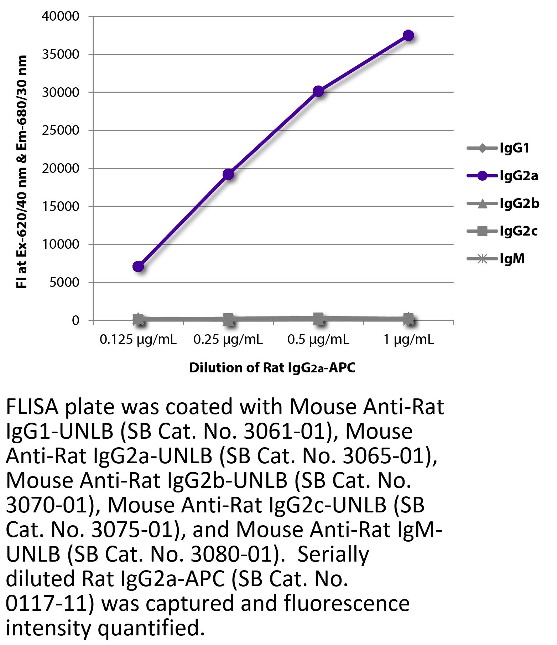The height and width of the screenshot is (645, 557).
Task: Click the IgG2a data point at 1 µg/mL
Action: coord(408,36)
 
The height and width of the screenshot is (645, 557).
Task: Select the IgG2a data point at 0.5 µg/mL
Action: coord(318,92)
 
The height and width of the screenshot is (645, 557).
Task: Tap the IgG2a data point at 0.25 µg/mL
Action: coord(228,174)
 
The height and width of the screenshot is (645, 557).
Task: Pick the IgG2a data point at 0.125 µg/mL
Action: coord(138,266)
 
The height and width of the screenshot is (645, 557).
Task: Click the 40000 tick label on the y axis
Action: coord(61,16)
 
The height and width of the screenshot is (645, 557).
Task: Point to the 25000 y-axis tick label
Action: coord(61,130)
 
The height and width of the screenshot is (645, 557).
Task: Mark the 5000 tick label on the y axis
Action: coord(64,282)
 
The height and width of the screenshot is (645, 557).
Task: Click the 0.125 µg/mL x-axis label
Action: coord(138,340)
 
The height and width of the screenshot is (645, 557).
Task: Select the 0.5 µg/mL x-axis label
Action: coord(318,340)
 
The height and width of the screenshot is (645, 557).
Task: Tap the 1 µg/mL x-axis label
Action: coord(408,340)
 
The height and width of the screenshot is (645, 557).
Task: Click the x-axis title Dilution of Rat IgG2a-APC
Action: coord(272,367)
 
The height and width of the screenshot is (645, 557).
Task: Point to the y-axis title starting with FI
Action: coord(22,171)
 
